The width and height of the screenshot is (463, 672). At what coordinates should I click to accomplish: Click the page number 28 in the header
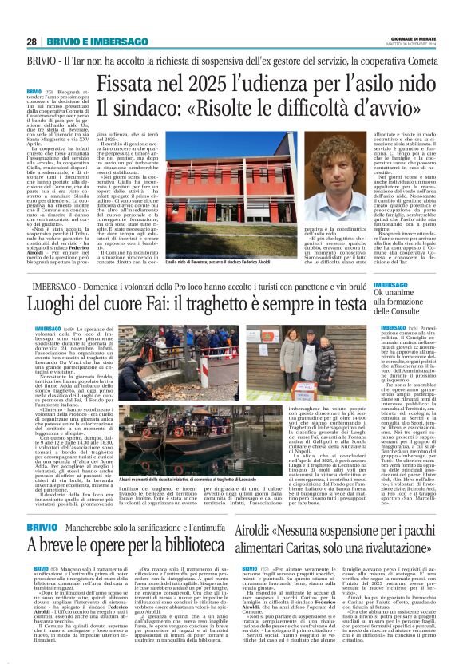31,42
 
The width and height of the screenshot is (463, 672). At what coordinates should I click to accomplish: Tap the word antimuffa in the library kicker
202,528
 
